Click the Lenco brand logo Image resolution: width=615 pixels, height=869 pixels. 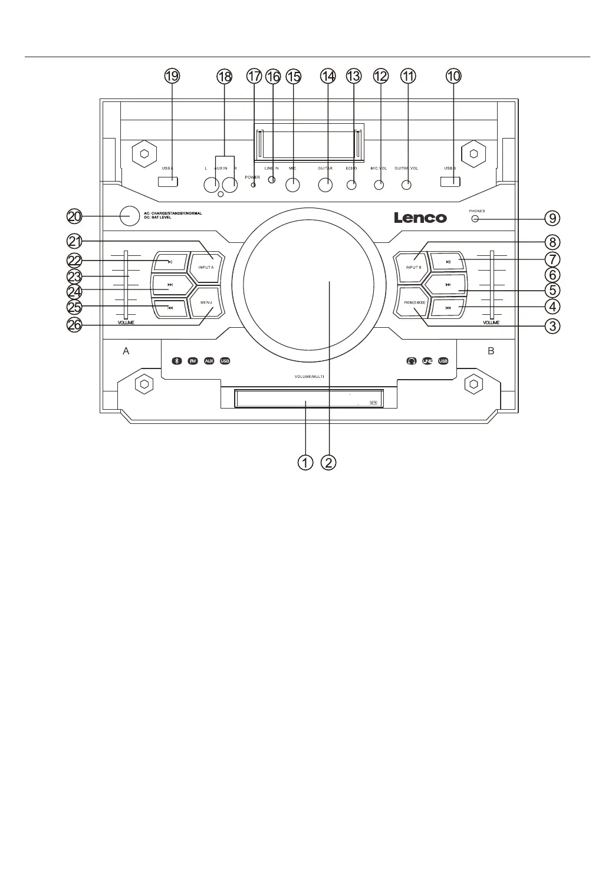(x=420, y=218)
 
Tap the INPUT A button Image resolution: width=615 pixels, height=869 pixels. (x=206, y=267)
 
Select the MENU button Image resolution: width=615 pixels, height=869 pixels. (x=206, y=302)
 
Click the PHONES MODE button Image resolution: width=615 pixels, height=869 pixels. (x=415, y=302)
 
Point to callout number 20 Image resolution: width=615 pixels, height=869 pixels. (x=74, y=216)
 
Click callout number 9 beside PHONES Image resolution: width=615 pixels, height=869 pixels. (x=552, y=218)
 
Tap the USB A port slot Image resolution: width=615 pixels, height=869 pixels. (x=167, y=181)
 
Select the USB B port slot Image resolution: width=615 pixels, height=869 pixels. (x=450, y=181)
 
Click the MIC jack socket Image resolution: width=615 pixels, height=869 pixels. (x=292, y=185)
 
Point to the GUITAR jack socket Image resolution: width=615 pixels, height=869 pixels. (x=325, y=185)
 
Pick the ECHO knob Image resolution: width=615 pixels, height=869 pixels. (x=351, y=185)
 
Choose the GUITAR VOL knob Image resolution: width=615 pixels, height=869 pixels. (x=406, y=185)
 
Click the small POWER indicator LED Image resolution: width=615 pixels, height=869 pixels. (x=254, y=185)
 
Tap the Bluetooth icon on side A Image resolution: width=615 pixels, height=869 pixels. (x=176, y=361)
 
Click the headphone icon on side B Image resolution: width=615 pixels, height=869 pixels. (x=412, y=361)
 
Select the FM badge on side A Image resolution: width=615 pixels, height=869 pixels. (x=192, y=361)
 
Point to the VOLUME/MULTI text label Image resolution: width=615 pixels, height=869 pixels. (x=310, y=376)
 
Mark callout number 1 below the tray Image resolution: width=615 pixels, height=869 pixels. (x=305, y=463)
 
